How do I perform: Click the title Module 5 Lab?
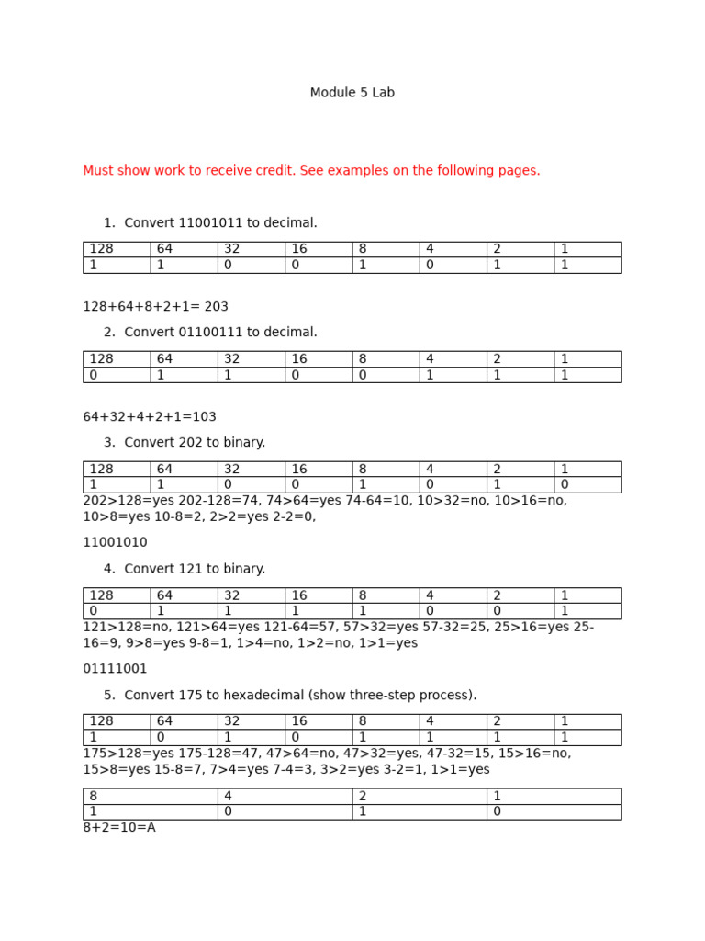[x=352, y=93]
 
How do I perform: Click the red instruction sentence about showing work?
[x=311, y=171]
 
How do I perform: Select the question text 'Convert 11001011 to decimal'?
[x=220, y=223]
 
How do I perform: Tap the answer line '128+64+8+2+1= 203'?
[x=155, y=307]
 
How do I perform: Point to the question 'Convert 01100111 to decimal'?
[x=220, y=333]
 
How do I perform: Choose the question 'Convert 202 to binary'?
[x=195, y=443]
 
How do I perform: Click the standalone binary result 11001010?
[x=115, y=543]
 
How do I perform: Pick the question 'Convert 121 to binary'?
[x=195, y=569]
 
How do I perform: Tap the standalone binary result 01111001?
[x=115, y=669]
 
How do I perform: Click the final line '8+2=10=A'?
[x=119, y=828]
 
